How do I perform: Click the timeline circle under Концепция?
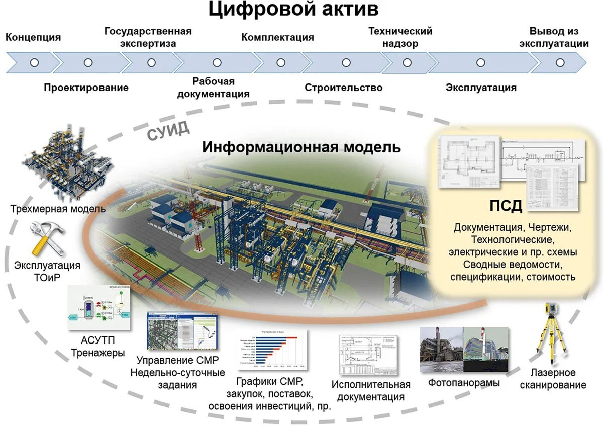coord(34,63)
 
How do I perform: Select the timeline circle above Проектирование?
coord(88,63)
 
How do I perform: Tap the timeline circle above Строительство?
coord(346,63)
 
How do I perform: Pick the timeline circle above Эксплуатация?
coord(480,63)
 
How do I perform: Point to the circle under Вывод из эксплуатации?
coord(560,63)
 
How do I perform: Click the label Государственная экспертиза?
coord(148,37)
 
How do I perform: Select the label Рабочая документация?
coord(213,87)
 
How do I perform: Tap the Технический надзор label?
coord(400,37)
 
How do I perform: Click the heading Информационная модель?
coord(301,147)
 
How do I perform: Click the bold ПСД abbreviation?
coord(506,206)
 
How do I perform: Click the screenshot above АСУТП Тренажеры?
coord(98,308)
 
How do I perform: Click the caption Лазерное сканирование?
coord(553,379)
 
